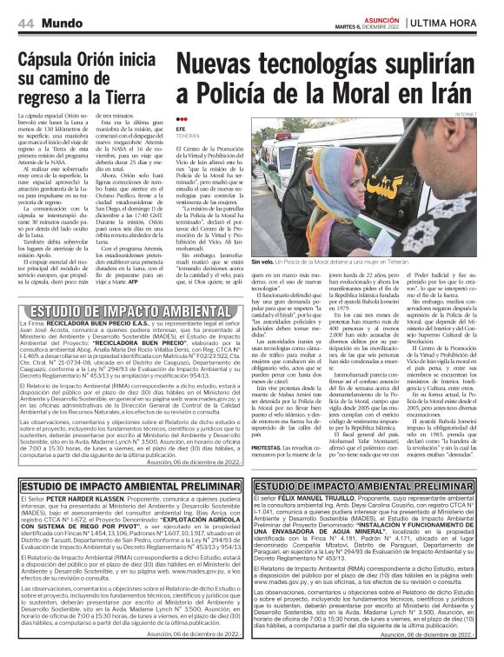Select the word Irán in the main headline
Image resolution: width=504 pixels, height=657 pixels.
coord(468,94)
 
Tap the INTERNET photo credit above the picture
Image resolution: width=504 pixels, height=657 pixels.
coord(487,113)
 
